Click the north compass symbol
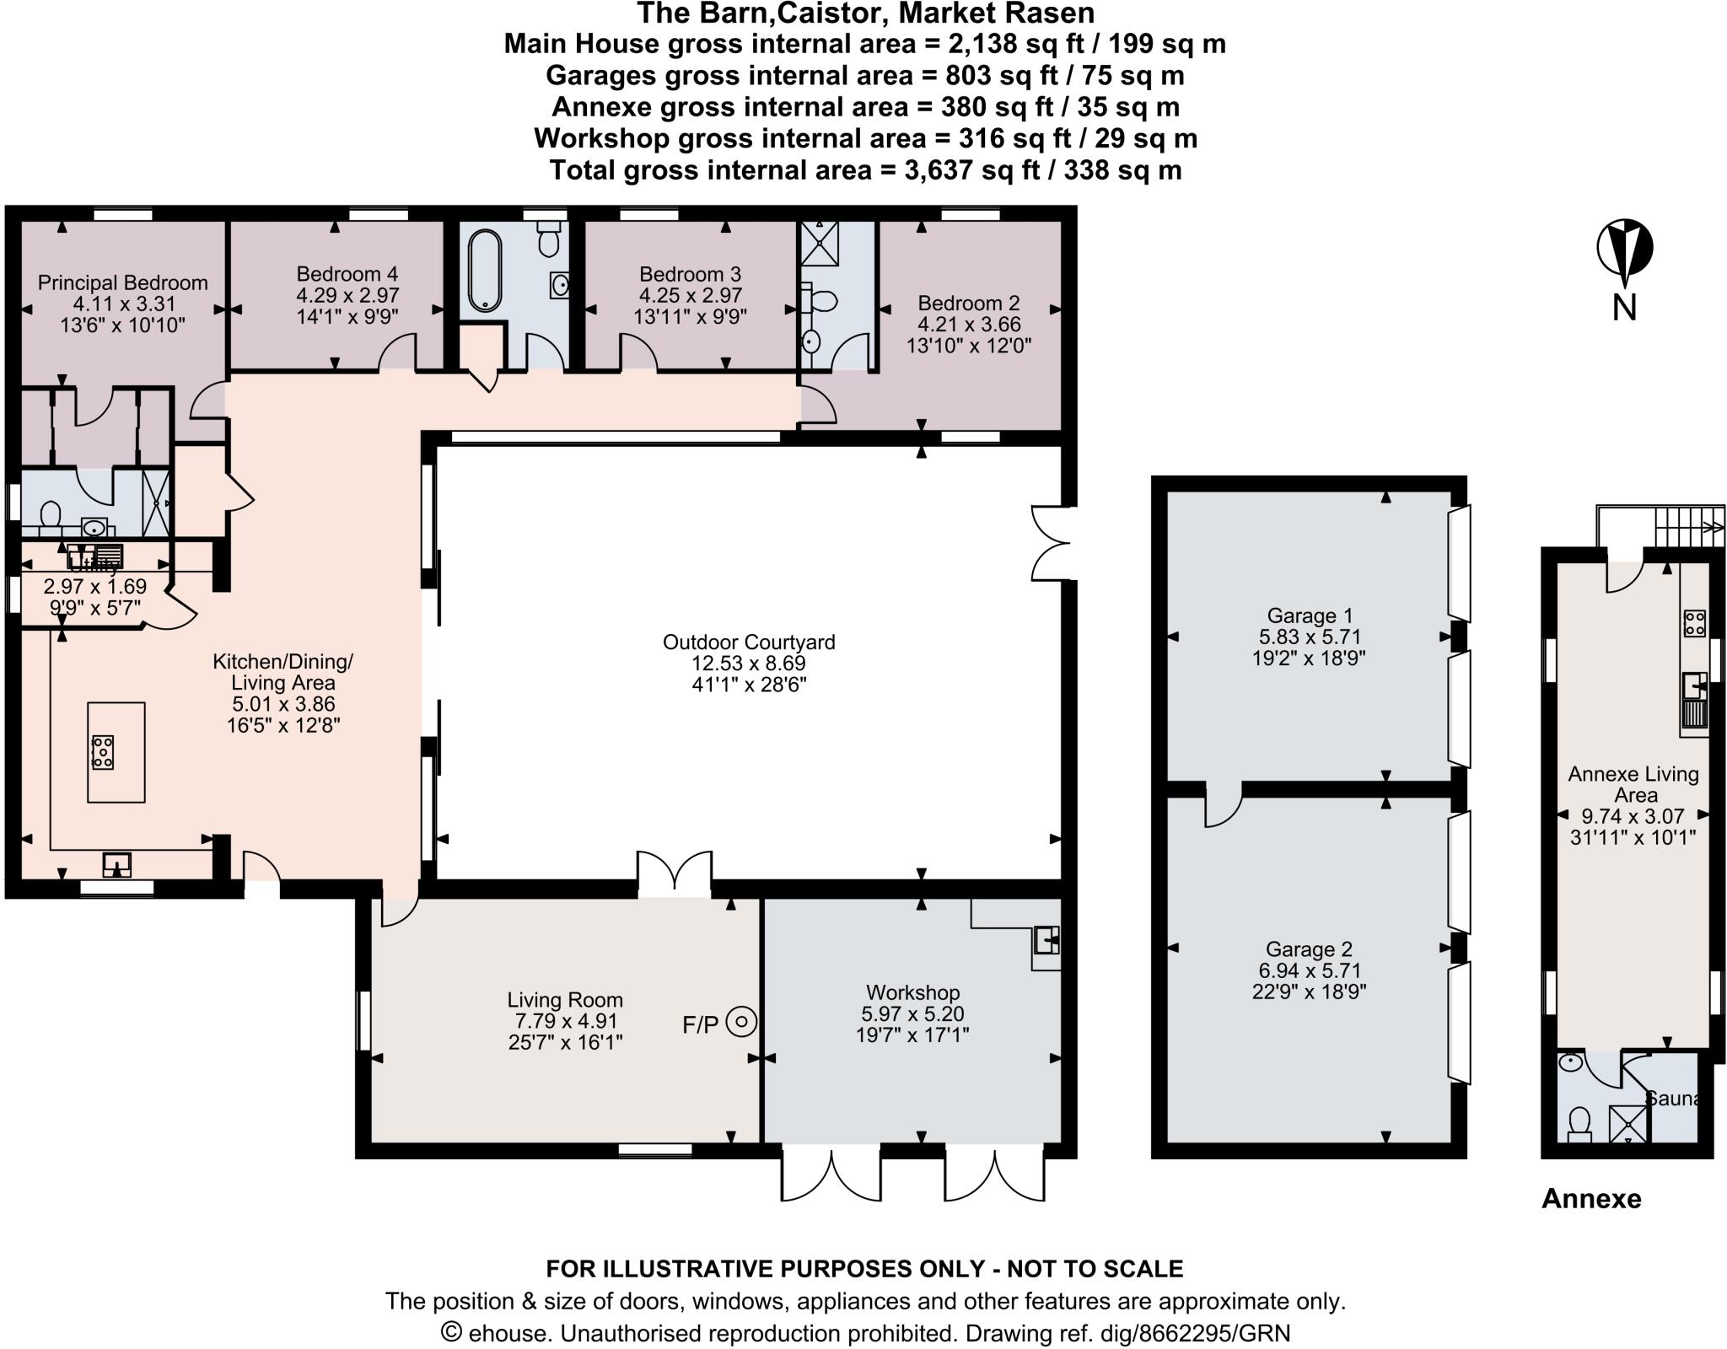(x=1624, y=250)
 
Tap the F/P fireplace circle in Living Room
(x=742, y=1023)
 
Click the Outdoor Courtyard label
(x=748, y=642)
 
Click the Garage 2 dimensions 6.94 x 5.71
(x=1309, y=971)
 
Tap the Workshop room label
(x=912, y=992)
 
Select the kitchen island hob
(x=103, y=751)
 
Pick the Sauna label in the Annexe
(x=1673, y=1099)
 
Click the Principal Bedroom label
(x=122, y=282)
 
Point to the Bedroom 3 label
(x=690, y=274)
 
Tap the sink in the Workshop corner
(x=1046, y=939)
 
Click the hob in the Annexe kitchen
(x=1694, y=623)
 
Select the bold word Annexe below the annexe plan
(x=1590, y=1198)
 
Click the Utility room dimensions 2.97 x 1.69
(x=94, y=586)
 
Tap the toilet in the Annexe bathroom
(x=1579, y=1123)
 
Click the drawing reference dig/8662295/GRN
(x=1127, y=1333)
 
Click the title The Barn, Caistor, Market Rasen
(x=865, y=13)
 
